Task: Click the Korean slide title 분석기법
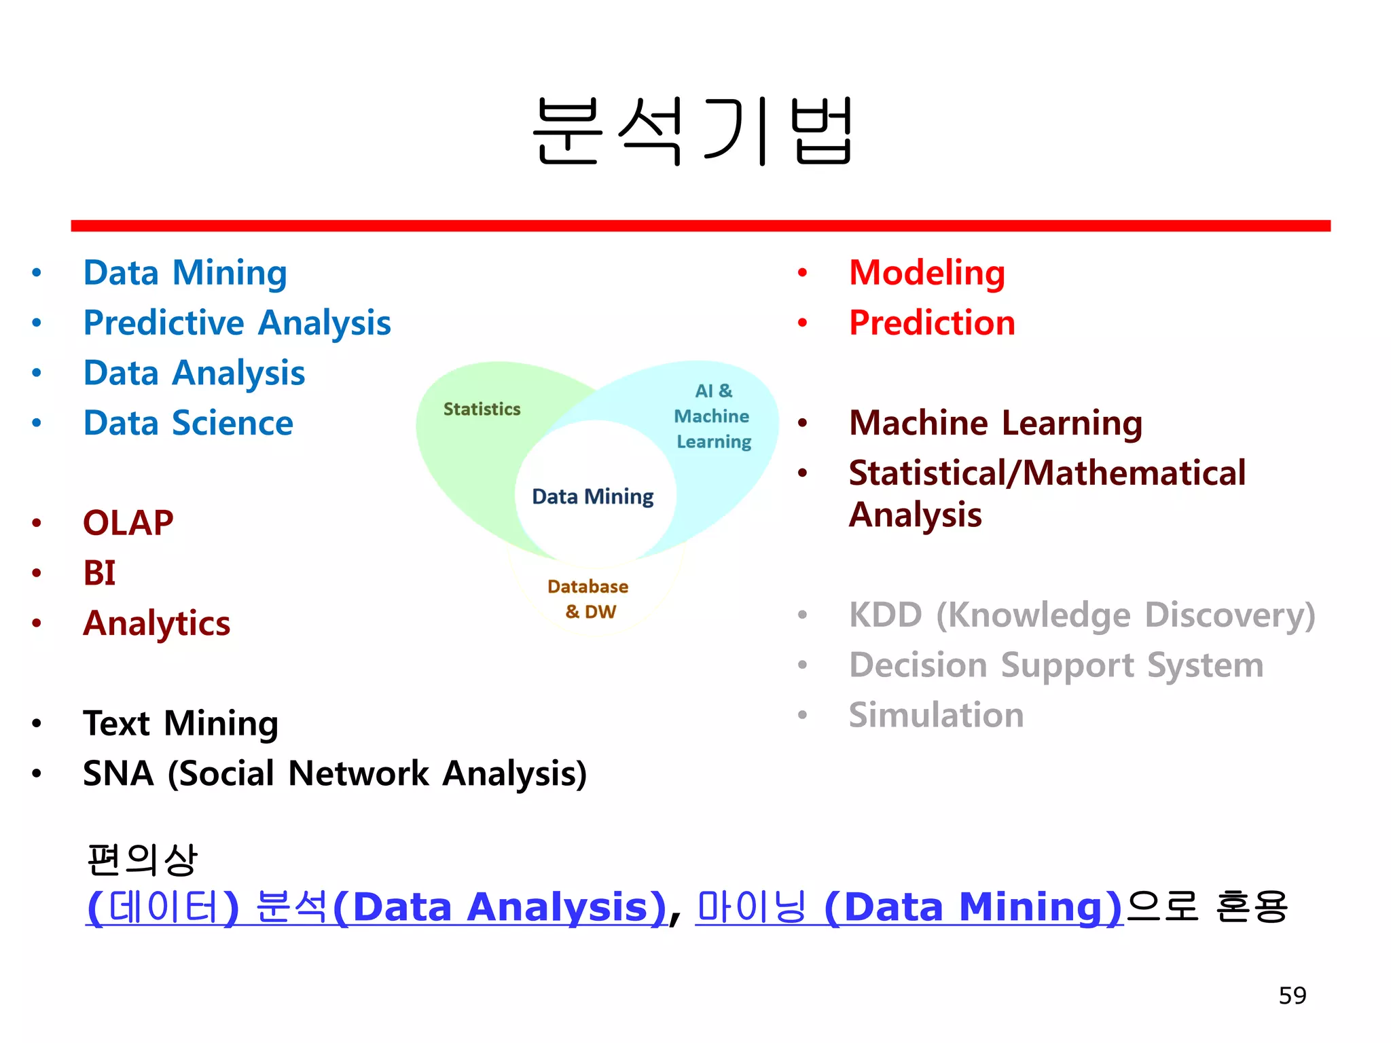point(693,130)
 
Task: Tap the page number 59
point(1292,995)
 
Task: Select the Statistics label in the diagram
point(482,409)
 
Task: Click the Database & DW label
point(588,598)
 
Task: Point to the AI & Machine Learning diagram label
point(712,416)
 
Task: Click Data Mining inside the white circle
point(592,496)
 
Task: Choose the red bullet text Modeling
point(926,273)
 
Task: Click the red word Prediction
point(932,323)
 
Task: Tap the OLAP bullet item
point(128,523)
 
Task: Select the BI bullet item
point(99,573)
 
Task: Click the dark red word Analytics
point(156,623)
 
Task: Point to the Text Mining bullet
point(180,723)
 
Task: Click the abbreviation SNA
point(118,773)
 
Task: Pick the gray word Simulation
point(936,715)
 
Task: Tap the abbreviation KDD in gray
point(885,615)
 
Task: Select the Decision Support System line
point(1056,665)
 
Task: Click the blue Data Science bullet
point(188,423)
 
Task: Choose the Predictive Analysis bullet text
point(236,323)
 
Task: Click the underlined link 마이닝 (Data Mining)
point(909,907)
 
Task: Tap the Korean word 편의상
point(142,860)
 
